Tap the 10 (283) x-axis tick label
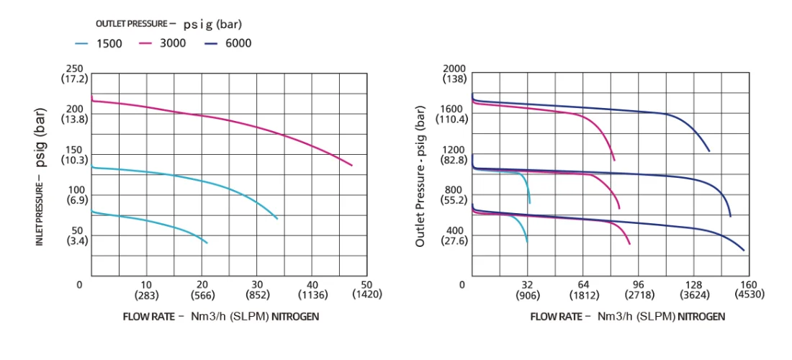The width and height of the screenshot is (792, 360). (146, 289)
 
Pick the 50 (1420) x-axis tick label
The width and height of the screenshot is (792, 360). (366, 289)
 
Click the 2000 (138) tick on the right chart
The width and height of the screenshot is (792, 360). (454, 73)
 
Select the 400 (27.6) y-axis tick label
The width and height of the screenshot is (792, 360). (454, 235)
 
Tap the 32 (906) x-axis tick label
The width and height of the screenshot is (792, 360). (528, 289)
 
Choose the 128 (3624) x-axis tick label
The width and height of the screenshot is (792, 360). (693, 289)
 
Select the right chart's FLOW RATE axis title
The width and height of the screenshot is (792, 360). (627, 316)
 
